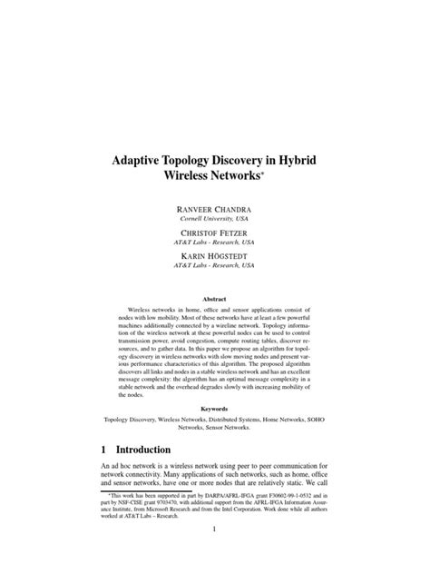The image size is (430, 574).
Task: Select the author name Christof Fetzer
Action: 215,235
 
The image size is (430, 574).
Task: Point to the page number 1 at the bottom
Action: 215,553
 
